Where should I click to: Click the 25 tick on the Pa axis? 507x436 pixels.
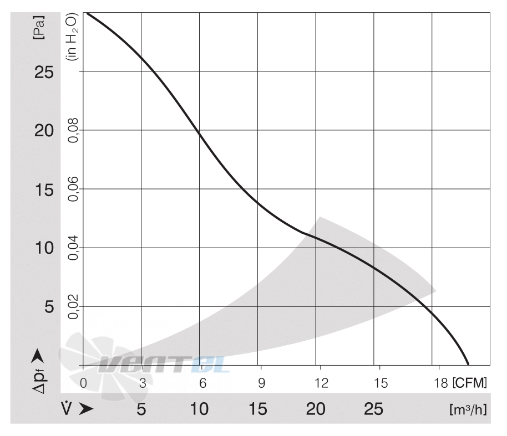[44, 72]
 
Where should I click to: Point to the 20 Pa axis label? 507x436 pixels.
[44, 131]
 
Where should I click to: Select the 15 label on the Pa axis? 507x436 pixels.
[44, 190]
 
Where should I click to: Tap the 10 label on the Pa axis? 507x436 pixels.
[44, 248]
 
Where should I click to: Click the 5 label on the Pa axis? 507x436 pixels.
[49, 306]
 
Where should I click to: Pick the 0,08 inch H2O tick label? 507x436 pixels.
[73, 130]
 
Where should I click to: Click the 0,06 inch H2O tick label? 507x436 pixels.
[73, 189]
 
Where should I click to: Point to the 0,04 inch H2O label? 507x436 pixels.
[73, 248]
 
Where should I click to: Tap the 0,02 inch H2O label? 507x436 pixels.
[73, 306]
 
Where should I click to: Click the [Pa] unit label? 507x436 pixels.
[39, 28]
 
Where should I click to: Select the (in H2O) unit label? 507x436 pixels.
[72, 37]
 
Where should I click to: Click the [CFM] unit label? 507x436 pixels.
[470, 383]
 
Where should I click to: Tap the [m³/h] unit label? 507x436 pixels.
[468, 409]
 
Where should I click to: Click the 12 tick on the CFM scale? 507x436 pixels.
[321, 383]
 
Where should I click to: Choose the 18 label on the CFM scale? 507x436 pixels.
[441, 383]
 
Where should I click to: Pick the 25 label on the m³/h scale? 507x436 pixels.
[373, 409]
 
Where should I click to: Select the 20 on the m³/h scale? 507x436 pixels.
[316, 409]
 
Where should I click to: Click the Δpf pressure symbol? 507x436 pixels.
[39, 381]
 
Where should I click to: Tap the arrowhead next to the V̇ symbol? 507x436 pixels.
[86, 409]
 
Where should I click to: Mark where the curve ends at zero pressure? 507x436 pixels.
[468, 365]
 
